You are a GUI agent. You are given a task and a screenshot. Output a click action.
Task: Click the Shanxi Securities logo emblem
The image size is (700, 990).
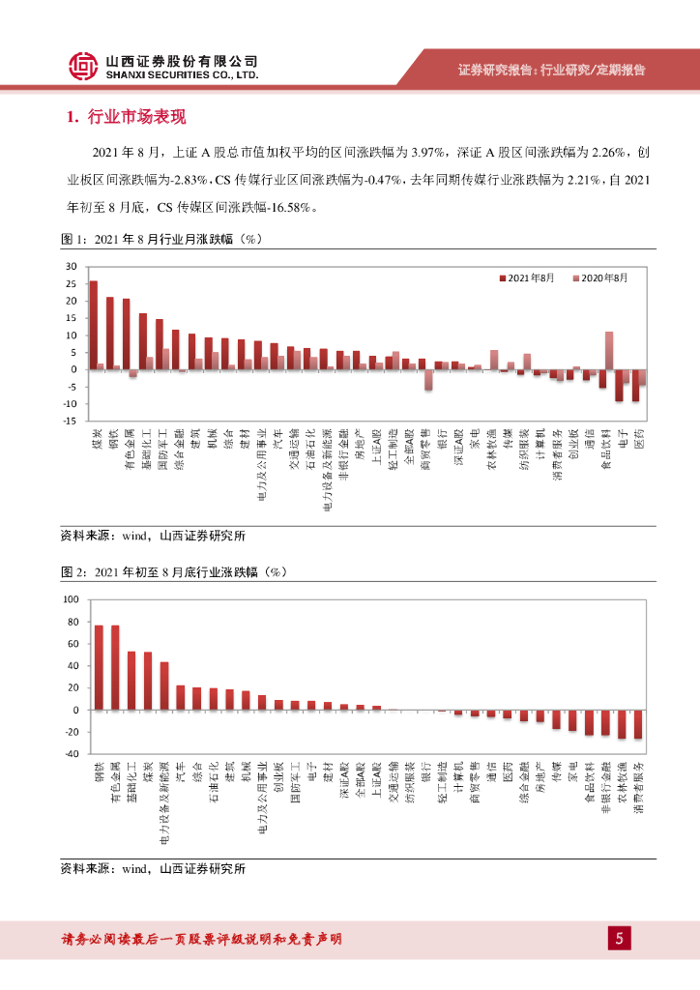(83, 66)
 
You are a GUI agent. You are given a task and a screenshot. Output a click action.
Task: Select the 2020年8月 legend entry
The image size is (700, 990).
(599, 277)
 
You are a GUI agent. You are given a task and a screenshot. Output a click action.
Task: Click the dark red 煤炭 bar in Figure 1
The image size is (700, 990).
(93, 325)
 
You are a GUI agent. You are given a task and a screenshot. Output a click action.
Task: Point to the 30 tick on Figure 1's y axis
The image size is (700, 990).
(71, 267)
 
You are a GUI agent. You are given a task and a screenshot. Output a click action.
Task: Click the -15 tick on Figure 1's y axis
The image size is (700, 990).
(69, 421)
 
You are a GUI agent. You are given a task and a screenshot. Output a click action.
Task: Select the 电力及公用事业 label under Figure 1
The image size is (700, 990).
(259, 468)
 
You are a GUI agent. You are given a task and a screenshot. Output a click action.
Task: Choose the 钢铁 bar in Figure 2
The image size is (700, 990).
(99, 667)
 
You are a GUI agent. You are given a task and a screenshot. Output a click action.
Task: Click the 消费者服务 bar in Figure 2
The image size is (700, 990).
(637, 724)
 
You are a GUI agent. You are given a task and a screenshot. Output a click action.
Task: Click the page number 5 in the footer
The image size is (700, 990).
(620, 938)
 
